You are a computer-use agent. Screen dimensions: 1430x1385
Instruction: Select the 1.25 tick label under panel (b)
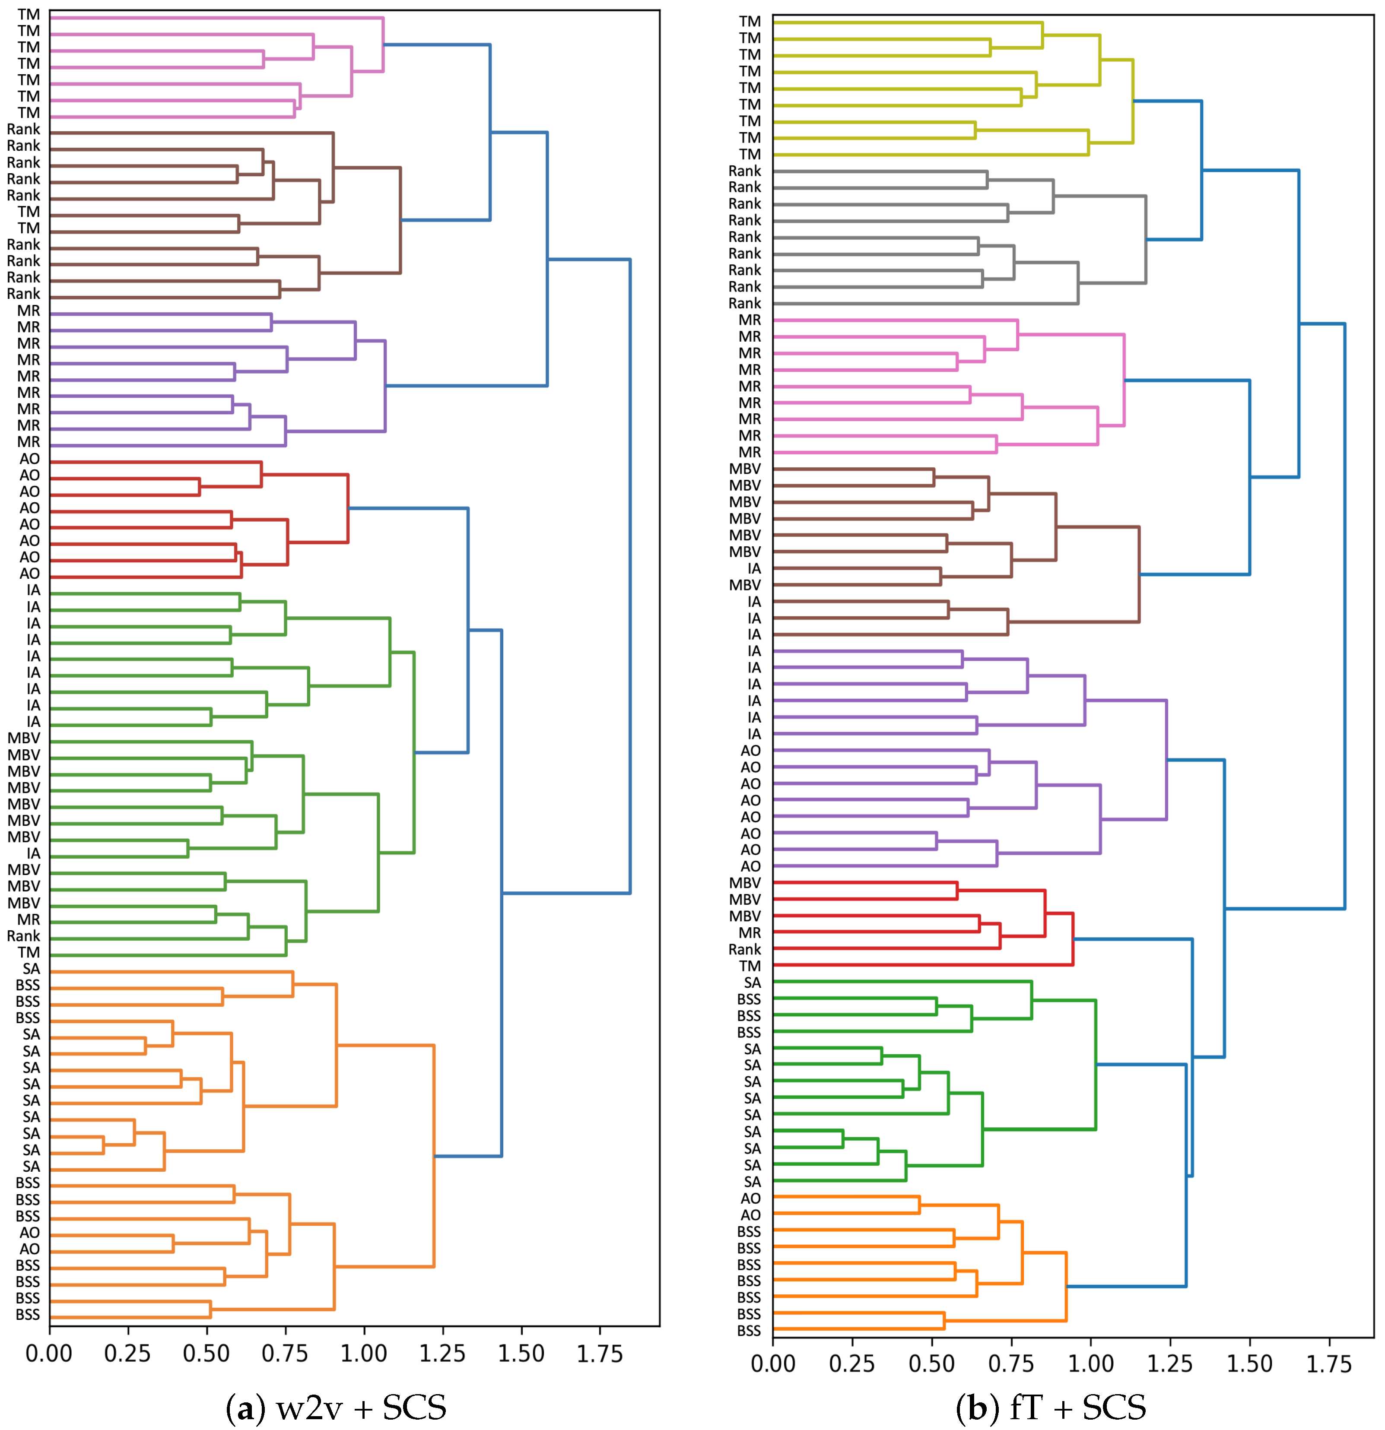pos(1170,1363)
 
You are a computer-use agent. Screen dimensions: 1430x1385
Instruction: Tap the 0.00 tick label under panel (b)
pos(773,1363)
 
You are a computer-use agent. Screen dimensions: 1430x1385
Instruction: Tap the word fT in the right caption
pos(1026,1408)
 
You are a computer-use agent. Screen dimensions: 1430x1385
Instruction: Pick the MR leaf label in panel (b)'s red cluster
pos(750,932)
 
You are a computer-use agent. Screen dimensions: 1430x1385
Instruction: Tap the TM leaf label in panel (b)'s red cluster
pos(750,966)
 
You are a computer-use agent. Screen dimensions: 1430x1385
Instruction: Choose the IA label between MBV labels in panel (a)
pos(34,853)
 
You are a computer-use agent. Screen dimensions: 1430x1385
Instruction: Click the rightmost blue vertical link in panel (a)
pos(630,577)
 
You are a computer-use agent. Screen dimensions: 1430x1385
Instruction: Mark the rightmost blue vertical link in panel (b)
pos(1344,616)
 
